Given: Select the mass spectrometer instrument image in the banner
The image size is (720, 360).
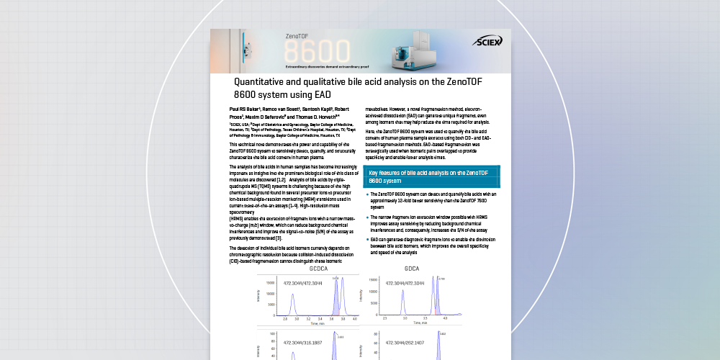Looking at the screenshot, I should pyautogui.click(x=411, y=51).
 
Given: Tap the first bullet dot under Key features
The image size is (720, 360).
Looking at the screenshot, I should pyautogui.click(x=367, y=194).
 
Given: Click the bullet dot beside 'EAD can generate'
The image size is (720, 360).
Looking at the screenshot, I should pyautogui.click(x=367, y=238).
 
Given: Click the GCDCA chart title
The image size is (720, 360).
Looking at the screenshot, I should pyautogui.click(x=318, y=269).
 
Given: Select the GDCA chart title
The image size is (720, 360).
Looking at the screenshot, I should pyautogui.click(x=412, y=269).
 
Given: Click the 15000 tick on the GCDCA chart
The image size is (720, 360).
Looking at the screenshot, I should pyautogui.click(x=269, y=283).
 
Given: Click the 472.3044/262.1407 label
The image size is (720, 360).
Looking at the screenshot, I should pyautogui.click(x=410, y=343).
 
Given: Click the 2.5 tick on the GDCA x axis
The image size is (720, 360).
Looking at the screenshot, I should pyautogui.click(x=385, y=318).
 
